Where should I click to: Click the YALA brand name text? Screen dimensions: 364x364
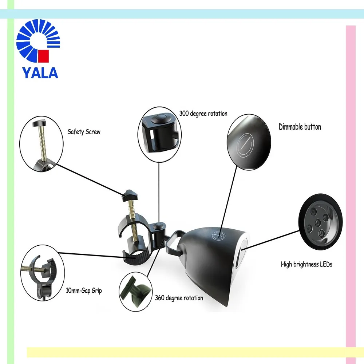point(40,72)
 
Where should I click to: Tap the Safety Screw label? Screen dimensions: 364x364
point(84,132)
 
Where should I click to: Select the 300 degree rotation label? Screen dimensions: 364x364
point(203,114)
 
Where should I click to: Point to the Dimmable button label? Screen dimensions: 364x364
point(300,127)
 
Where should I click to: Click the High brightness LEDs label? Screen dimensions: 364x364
point(306,264)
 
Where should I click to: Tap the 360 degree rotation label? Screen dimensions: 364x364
point(179,298)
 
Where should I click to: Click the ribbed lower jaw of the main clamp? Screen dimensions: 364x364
point(138,257)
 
